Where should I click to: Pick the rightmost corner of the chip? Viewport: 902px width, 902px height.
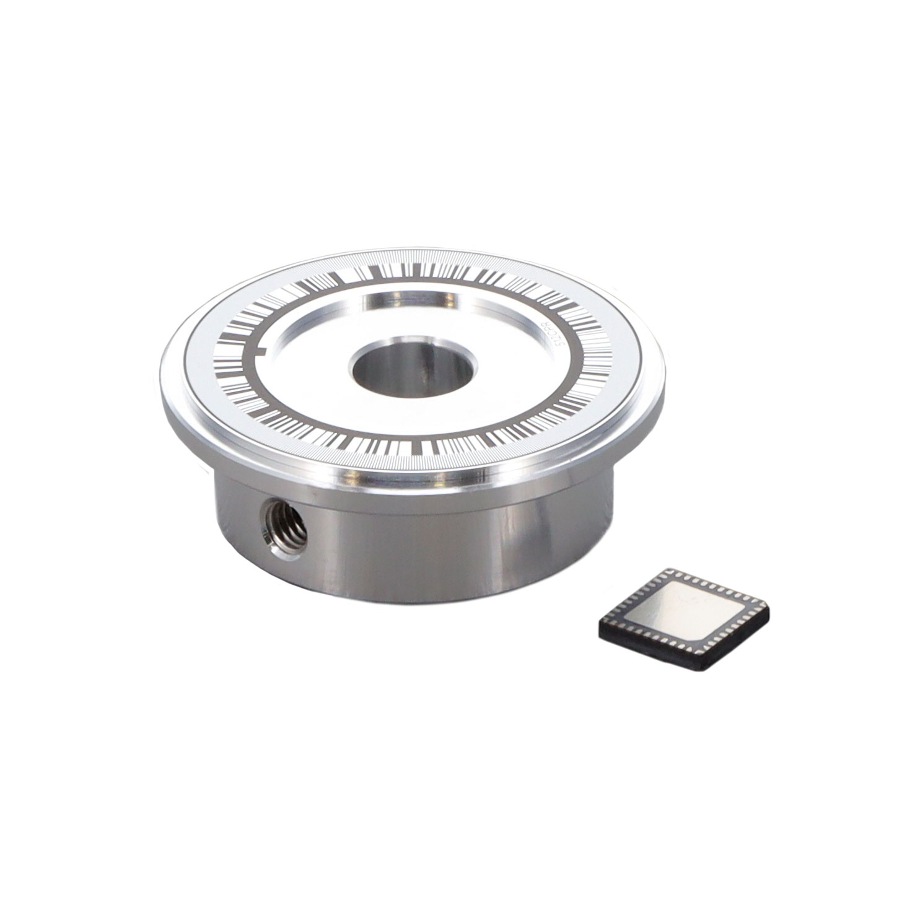pos(770,613)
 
